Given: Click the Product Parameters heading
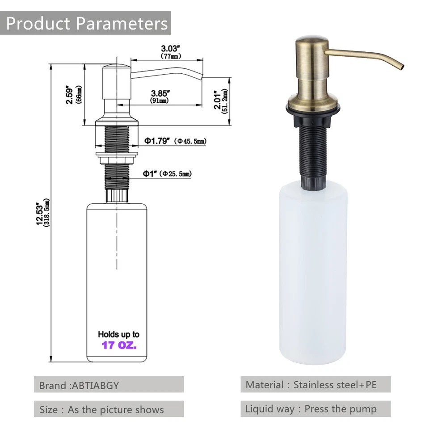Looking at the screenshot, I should point(87,23).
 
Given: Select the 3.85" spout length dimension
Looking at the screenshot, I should point(160,93).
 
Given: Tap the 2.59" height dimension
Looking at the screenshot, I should point(69,95).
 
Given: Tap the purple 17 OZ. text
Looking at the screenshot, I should point(119,345).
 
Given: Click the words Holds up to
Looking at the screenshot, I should point(118,334).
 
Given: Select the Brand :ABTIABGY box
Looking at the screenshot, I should point(109,385).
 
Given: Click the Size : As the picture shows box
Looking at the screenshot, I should point(109,409).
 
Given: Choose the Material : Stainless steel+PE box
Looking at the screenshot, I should point(315,384).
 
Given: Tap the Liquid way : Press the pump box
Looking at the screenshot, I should point(315,409).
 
